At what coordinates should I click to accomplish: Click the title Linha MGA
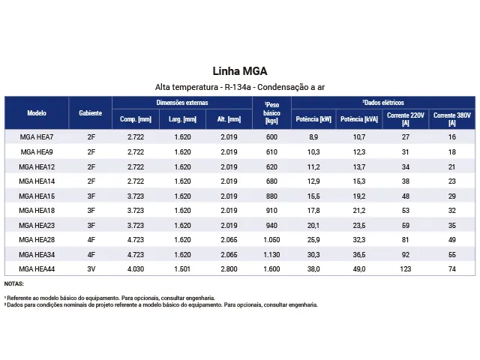tap(240, 71)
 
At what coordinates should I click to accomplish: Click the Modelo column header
tap(37, 113)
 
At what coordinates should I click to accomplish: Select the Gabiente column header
tap(90, 113)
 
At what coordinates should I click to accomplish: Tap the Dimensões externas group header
tap(182, 103)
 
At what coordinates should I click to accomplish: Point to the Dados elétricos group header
tap(383, 103)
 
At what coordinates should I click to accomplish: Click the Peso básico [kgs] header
tap(271, 113)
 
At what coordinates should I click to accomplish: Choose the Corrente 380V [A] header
tap(452, 119)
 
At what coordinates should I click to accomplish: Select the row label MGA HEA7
tap(37, 137)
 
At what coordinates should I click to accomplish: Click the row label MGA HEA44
tap(37, 269)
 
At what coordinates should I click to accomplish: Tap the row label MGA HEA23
tap(37, 226)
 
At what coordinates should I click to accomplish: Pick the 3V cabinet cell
tap(91, 269)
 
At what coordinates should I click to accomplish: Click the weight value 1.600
tap(271, 269)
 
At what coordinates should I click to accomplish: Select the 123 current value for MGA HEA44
tap(406, 269)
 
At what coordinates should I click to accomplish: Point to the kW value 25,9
tap(313, 240)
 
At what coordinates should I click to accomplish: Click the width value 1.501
tap(182, 269)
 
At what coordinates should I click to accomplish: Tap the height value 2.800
tap(229, 269)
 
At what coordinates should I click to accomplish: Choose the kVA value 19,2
tap(359, 196)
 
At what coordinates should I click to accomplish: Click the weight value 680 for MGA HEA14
tap(271, 181)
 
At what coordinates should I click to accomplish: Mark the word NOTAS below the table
tap(13, 283)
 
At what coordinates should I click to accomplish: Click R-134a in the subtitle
tap(238, 87)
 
